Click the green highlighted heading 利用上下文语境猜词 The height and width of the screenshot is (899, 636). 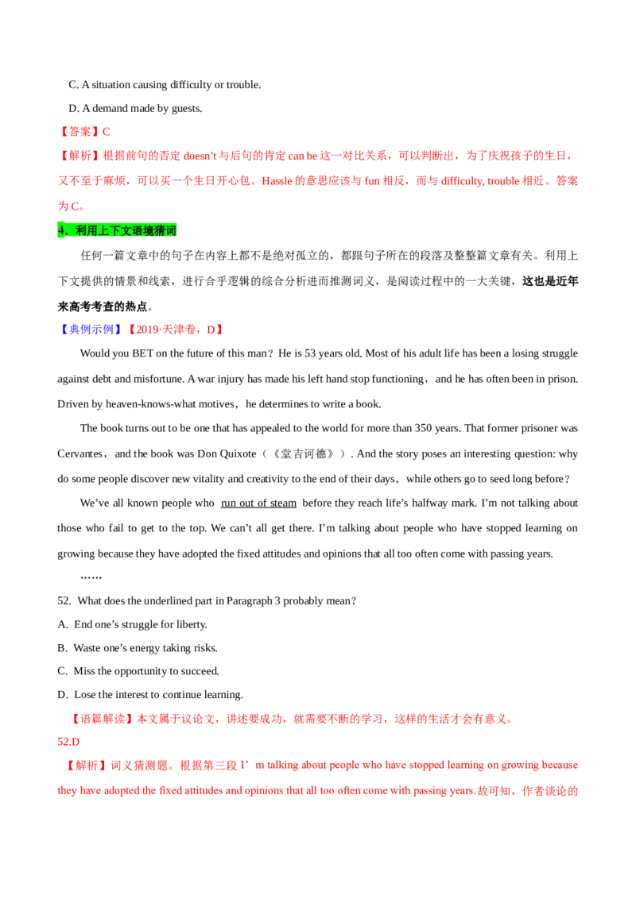(117, 230)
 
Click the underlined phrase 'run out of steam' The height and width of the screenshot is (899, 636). (258, 504)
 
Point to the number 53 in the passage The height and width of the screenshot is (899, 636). (310, 353)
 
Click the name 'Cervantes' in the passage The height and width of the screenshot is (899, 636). (79, 453)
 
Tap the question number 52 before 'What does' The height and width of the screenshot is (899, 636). (64, 601)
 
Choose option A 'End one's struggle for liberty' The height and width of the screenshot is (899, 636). (133, 624)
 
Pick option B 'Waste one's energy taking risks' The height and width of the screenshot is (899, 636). (138, 648)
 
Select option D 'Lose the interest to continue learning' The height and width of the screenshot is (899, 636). (150, 694)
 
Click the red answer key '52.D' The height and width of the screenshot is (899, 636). (68, 741)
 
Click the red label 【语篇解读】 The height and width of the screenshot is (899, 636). (103, 719)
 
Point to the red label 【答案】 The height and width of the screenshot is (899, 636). (79, 131)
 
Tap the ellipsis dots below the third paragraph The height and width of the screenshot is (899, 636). (91, 577)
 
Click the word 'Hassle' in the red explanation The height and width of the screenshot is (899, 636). (277, 181)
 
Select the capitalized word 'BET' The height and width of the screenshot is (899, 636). (143, 353)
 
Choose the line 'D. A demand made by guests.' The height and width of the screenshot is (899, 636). (135, 108)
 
